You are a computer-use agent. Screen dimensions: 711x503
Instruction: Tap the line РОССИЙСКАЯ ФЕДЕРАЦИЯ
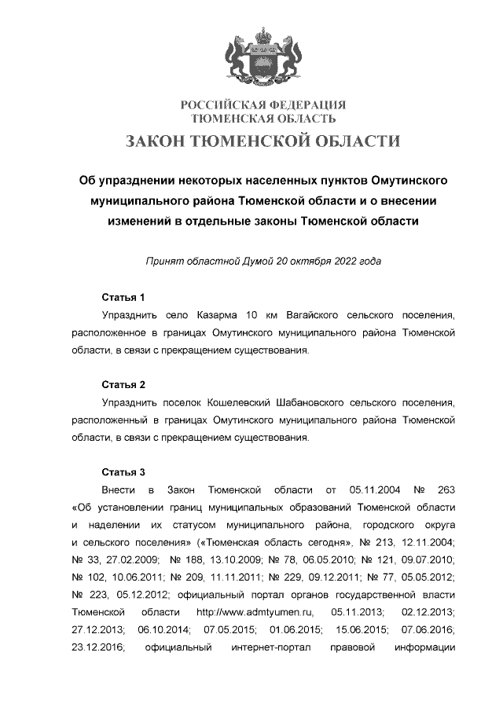[x=263, y=105]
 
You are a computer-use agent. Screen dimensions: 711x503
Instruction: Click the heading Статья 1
[x=123, y=298]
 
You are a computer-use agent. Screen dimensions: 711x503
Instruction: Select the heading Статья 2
[x=123, y=385]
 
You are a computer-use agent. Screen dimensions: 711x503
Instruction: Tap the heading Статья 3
[x=123, y=472]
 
